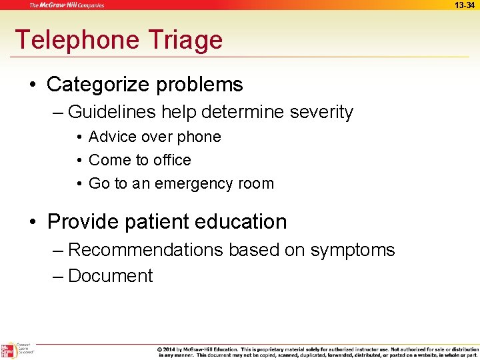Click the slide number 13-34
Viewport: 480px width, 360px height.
[465, 5]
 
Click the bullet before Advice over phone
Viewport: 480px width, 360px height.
[79, 137]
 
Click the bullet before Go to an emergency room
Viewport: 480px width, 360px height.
[79, 184]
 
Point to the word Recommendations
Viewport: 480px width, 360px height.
[146, 250]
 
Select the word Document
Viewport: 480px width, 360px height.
[111, 276]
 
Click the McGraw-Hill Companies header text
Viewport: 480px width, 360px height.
[66, 5]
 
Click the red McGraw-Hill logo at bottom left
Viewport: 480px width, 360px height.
[7, 351]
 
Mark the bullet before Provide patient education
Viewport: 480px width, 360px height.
[34, 222]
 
